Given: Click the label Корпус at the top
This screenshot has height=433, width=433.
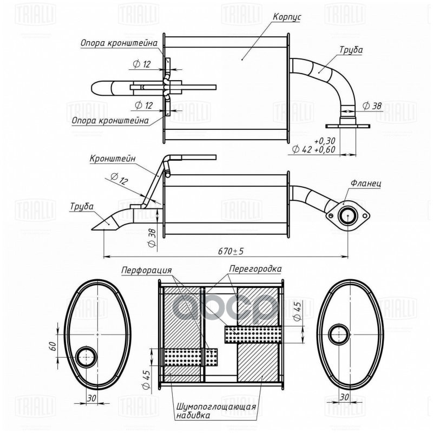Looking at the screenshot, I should click(287, 17).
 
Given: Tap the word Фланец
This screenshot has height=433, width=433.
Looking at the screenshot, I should click(366, 183).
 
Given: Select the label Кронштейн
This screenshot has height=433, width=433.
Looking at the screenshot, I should click(113, 159).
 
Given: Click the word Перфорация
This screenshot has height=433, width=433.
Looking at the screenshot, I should click(147, 269).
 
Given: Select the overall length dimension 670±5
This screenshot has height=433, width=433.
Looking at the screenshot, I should click(231, 251).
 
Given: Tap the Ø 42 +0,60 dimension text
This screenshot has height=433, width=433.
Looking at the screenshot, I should click(313, 148).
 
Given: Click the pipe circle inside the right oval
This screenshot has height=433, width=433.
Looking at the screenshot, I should click(340, 334).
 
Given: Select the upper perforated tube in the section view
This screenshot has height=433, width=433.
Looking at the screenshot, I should click(253, 334).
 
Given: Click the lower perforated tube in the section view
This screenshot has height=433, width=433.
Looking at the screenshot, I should click(191, 357).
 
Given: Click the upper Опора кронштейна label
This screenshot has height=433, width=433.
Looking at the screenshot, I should click(119, 42).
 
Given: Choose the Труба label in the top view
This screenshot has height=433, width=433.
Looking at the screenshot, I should click(351, 50).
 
